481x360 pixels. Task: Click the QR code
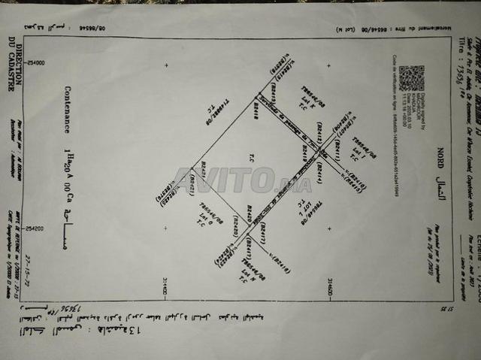(x=411, y=79)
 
